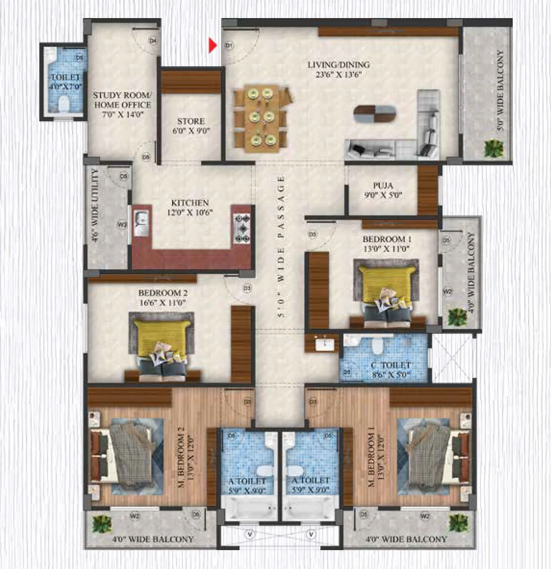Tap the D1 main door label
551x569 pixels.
(229, 45)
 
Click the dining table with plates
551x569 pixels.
(261, 118)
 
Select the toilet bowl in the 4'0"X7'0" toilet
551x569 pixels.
(63, 103)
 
